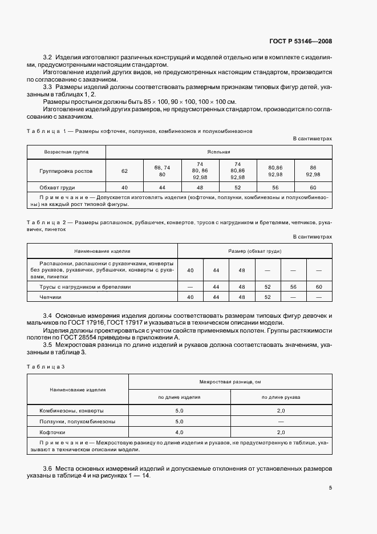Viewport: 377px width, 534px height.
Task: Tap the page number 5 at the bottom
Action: click(330, 488)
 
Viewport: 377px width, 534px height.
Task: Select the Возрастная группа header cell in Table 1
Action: click(66, 152)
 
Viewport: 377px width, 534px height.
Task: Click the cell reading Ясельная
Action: click(218, 152)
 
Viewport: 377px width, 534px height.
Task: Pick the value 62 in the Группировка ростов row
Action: click(125, 170)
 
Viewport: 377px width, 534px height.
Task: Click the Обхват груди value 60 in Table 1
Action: click(313, 187)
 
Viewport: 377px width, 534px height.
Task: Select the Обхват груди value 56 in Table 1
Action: click(275, 187)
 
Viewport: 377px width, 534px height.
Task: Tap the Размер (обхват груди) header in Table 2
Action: click(254, 250)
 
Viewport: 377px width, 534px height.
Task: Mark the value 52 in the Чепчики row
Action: click(267, 297)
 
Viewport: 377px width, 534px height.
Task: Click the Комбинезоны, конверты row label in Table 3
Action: click(72, 410)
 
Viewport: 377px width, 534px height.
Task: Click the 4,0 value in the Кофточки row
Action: click(179, 432)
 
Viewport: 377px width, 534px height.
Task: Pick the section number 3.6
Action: click(48, 468)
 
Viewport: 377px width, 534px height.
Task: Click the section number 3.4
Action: click(48, 315)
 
